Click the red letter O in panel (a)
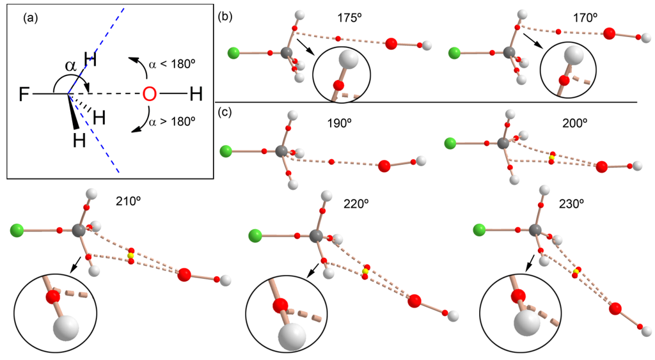149,95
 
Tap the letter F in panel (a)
24,96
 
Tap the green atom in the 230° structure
477,229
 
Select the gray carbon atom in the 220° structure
315,236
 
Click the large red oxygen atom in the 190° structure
384,166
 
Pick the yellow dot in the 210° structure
130,255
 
